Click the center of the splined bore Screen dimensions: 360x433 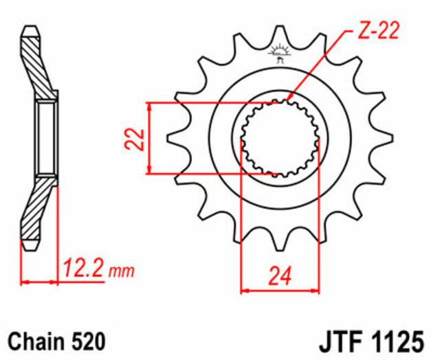(x=280, y=137)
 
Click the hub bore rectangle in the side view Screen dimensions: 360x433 (x=46, y=138)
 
